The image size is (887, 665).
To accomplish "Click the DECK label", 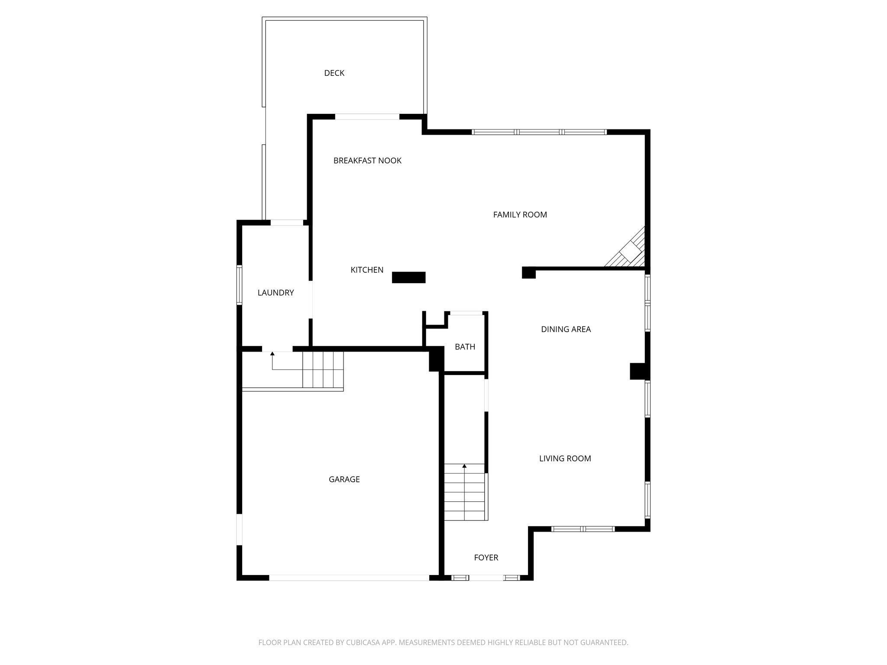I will coord(334,73).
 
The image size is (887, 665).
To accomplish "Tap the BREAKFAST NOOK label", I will coord(367,161).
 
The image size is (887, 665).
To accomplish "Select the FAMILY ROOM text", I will coord(520,214).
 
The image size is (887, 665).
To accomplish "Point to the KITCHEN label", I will coord(367,270).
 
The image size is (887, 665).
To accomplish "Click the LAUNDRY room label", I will coord(275,293).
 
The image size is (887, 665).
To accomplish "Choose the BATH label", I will coord(465,347).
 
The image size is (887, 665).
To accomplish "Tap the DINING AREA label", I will coord(566,329).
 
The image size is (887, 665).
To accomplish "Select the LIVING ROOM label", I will coord(565,458).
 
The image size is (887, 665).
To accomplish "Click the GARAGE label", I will coord(344,479).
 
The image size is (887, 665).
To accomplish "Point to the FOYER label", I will coord(486,558).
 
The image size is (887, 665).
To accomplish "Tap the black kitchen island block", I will coord(408,277).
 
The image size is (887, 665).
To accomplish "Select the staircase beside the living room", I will coord(464,494).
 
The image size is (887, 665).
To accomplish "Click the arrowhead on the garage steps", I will coord(272,354).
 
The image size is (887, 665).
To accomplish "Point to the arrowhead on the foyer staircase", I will coord(464,466).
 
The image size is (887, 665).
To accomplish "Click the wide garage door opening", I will coord(349,578).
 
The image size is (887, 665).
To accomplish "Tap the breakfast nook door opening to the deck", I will coord(367,116).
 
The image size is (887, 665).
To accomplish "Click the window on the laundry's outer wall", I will coord(239,284).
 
